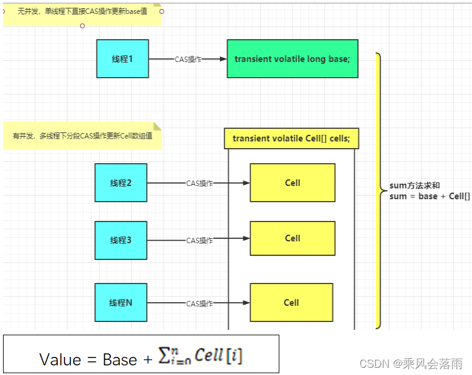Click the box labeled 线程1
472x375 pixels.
pos(123,59)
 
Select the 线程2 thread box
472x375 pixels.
pos(120,183)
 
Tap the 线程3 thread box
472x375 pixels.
pos(120,241)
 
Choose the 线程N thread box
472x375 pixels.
pos(120,302)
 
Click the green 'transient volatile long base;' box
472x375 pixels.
pos(293,59)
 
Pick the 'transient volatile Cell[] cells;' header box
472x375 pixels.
pos(291,138)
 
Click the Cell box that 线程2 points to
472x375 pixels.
pos(293,183)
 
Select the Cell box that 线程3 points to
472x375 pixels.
pos(293,238)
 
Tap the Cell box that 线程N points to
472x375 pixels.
pos(291,302)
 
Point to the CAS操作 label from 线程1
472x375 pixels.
pos(188,59)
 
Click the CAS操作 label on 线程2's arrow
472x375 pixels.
pos(200,183)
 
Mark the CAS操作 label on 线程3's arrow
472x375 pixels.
pos(200,241)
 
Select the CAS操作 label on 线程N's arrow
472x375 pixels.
pos(200,303)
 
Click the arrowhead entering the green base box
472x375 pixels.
pos(223,59)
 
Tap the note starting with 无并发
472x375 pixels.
pos(82,14)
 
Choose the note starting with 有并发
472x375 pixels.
pos(82,136)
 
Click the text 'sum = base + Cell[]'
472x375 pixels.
pos(430,196)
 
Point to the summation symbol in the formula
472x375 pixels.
pos(164,355)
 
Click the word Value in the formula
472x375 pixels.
pos(60,359)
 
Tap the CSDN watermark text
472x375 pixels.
pos(411,364)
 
